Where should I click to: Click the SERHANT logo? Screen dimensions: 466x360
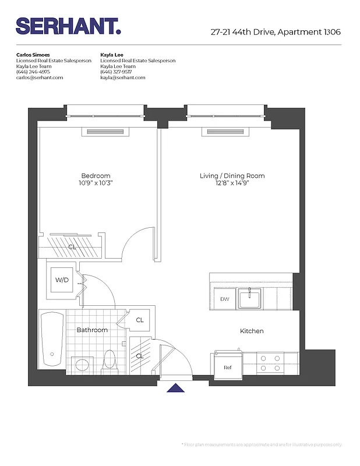pos(68,26)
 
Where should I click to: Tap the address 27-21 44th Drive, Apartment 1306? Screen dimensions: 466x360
pos(276,33)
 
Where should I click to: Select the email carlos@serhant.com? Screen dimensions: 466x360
pos(40,77)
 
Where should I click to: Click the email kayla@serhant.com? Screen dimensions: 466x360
pos(122,77)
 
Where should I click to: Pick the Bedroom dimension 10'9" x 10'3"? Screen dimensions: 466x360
pos(96,183)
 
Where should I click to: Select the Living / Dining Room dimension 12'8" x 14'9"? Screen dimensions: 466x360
pos(232,183)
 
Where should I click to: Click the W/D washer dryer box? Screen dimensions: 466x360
pos(62,280)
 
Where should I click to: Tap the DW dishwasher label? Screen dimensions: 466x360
pos(224,299)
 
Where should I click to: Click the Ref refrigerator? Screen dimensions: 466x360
pos(227,367)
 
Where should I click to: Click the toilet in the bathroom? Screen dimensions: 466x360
pos(109,360)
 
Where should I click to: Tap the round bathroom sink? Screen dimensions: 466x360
pos(81,365)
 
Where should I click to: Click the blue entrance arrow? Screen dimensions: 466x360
pos(175,388)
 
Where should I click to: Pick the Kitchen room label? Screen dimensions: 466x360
pos(252,331)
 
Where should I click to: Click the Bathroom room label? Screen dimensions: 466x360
pos(92,330)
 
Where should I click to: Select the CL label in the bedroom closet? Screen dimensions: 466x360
pos(72,247)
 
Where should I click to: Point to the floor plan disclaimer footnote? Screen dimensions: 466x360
pos(263,444)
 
